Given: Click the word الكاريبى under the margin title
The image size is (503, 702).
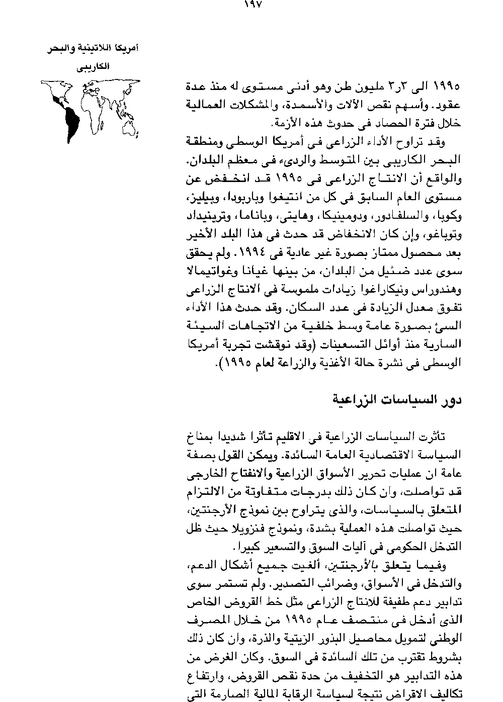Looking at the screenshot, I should (98, 66).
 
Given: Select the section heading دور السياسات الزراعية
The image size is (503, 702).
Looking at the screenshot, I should (397, 400).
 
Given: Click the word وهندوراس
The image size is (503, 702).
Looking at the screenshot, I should (440, 291).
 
